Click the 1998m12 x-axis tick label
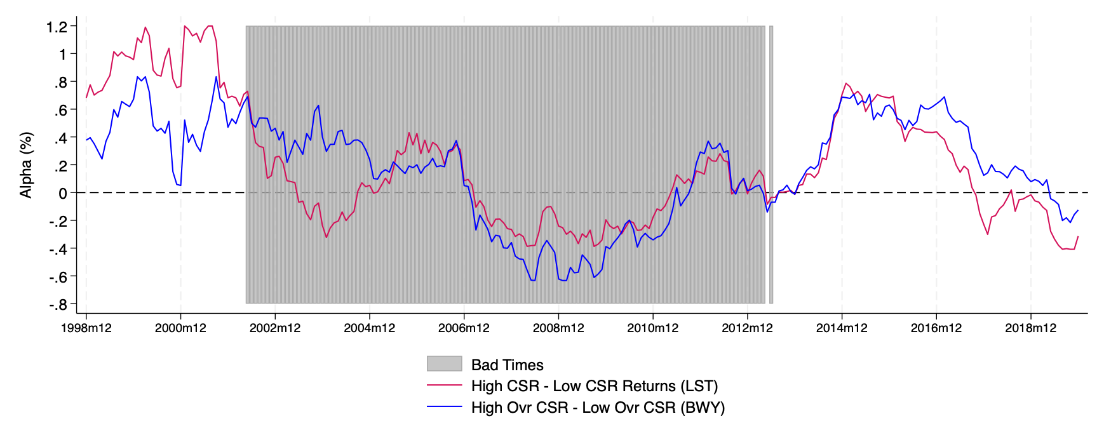86,328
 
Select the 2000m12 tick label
180,328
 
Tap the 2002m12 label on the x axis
275,328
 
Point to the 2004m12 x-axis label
370,328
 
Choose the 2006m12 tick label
464,328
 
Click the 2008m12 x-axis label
558,328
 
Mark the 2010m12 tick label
653,328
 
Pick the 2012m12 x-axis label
747,328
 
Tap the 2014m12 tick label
842,328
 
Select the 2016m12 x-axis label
936,328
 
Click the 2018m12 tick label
1030,328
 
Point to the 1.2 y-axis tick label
57,27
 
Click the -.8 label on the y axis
58,305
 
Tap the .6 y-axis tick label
60,110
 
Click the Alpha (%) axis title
26,165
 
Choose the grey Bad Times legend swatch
444,364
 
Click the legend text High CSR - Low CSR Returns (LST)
595,386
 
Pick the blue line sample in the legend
444,407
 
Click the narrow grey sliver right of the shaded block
771,165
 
